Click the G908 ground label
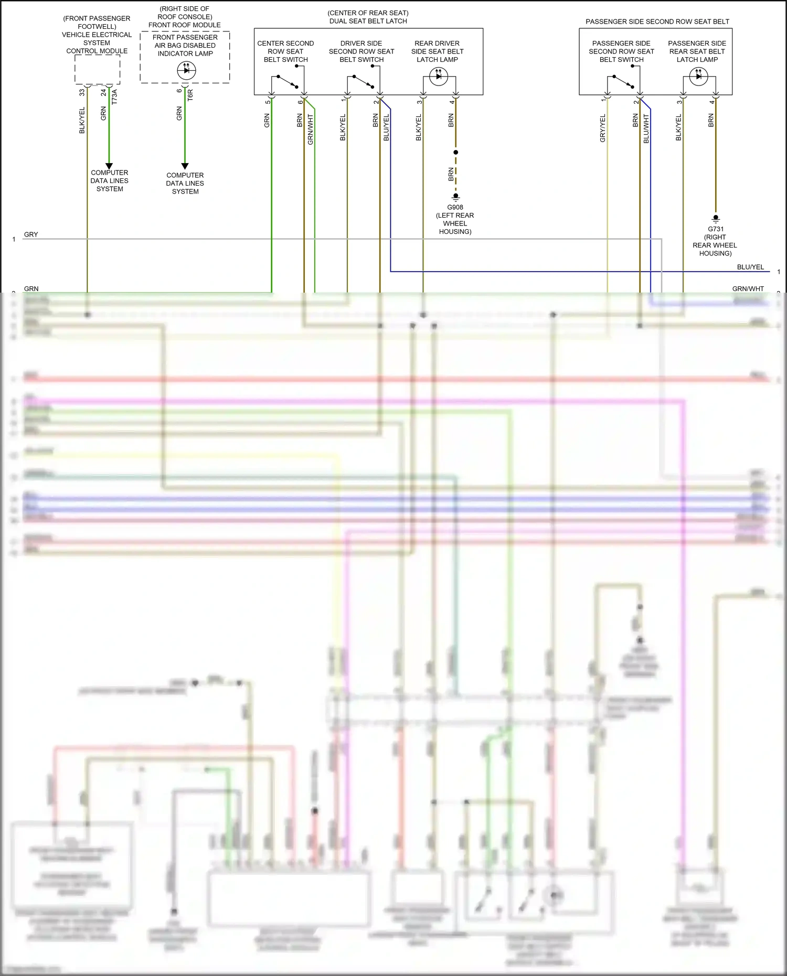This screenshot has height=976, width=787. click(x=455, y=207)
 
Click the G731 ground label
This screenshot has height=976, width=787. click(x=716, y=229)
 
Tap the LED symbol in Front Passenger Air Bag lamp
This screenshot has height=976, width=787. click(x=186, y=70)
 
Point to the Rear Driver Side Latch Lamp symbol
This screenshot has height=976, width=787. click(x=439, y=77)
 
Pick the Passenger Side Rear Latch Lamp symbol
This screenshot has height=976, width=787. click(x=698, y=77)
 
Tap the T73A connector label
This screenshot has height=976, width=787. click(x=114, y=96)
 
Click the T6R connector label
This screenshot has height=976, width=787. click(x=190, y=95)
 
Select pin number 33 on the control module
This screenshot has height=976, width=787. click(x=82, y=92)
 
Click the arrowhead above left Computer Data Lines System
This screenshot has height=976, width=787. click(x=109, y=166)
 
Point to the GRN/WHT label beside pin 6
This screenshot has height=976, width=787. click(x=311, y=130)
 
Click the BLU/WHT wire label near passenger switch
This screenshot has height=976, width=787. click(x=646, y=129)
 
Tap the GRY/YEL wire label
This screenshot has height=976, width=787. click(x=603, y=128)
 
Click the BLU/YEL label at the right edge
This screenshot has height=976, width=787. click(x=750, y=267)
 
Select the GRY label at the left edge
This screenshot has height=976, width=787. click(x=31, y=234)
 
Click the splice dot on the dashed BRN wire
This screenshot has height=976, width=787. click(x=455, y=152)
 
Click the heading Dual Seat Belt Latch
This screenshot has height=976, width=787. click(x=368, y=21)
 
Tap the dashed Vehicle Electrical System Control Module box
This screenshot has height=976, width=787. click(x=97, y=69)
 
